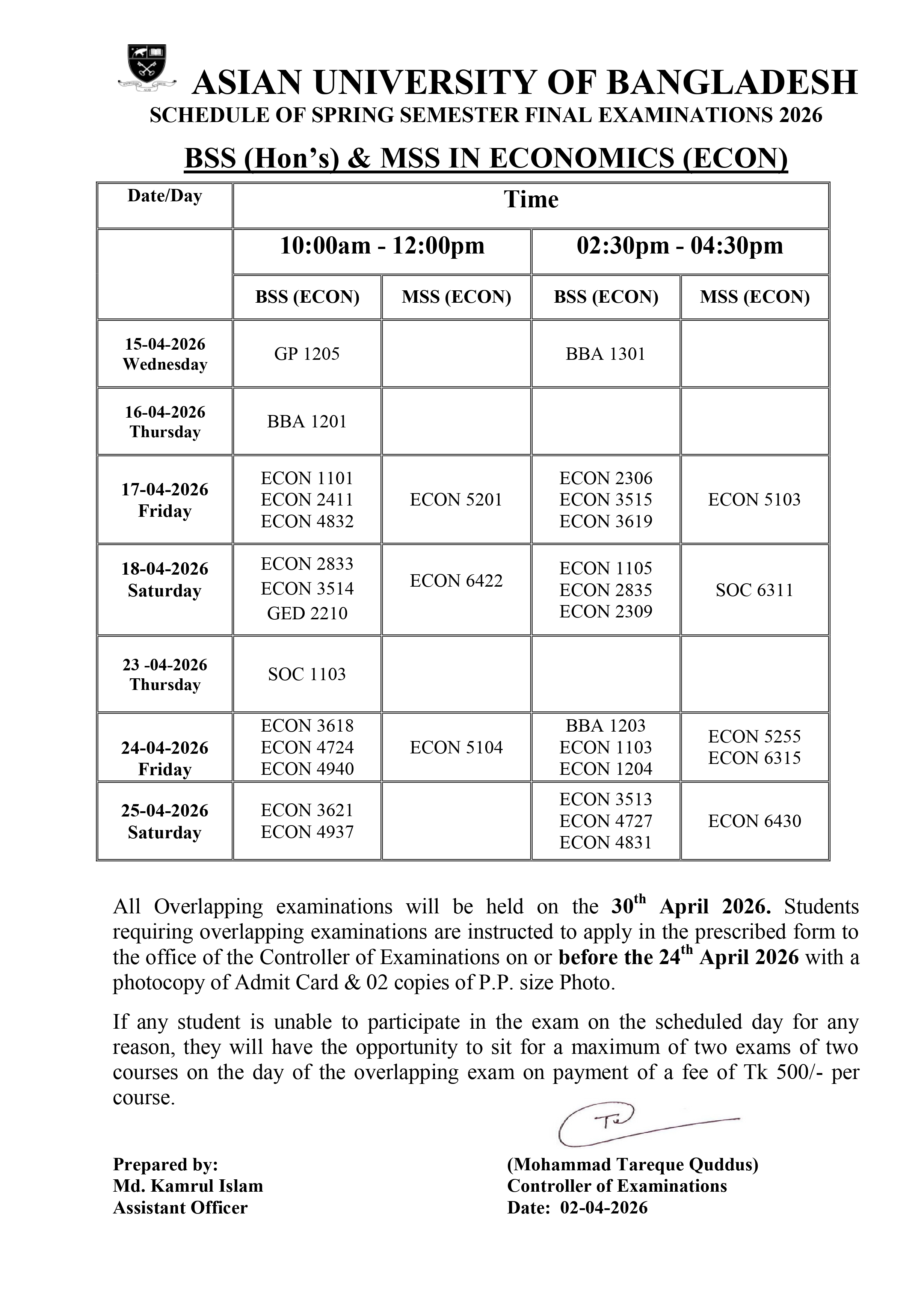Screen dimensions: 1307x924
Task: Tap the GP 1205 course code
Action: point(307,354)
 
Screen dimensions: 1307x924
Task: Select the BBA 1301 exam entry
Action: point(605,354)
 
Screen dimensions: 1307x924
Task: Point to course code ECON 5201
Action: point(456,500)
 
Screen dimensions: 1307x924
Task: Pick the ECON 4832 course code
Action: point(307,521)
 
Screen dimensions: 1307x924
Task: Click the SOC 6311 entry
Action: point(754,590)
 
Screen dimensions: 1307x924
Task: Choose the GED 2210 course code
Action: point(307,614)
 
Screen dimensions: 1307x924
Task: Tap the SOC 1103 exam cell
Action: point(307,675)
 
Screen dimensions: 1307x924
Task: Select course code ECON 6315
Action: point(754,758)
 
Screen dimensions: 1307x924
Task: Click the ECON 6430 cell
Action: point(754,821)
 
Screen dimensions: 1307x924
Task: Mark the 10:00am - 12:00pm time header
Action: point(382,246)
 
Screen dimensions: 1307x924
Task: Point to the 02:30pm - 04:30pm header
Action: point(680,246)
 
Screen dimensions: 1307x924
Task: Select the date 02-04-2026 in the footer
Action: point(604,1207)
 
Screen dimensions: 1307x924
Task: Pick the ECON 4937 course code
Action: point(307,832)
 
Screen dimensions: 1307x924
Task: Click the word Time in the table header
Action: point(531,200)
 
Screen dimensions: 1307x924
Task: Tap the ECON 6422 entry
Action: point(456,581)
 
